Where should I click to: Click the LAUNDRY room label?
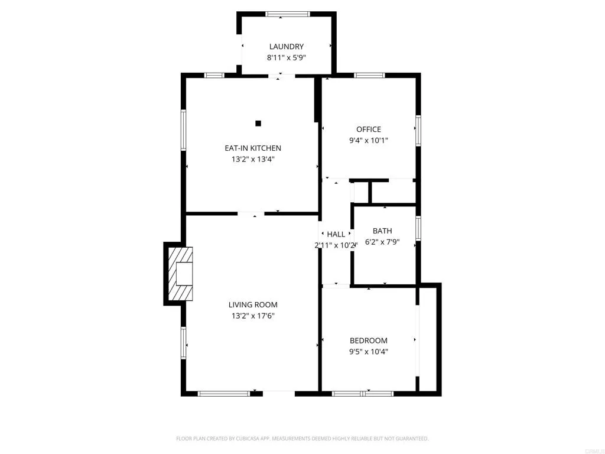(x=287, y=47)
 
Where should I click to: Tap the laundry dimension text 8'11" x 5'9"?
(x=287, y=58)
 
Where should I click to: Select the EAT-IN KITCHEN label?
(x=253, y=148)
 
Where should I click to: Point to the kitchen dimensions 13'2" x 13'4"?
(x=253, y=159)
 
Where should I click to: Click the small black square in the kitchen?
(x=258, y=124)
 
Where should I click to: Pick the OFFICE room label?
(x=369, y=129)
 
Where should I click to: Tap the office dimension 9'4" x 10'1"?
(x=369, y=141)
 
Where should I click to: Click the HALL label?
(x=336, y=235)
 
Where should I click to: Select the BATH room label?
(x=382, y=231)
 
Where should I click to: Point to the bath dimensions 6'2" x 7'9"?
(x=382, y=242)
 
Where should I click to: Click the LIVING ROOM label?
(x=253, y=305)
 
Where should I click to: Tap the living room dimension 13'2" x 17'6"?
(x=253, y=316)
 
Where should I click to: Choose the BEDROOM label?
(x=369, y=340)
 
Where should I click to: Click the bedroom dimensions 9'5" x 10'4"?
(x=369, y=352)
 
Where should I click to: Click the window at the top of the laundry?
(x=287, y=14)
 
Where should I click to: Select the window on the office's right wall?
(x=418, y=131)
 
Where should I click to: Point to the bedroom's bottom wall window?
(x=354, y=393)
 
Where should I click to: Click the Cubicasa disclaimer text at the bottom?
(x=302, y=439)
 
